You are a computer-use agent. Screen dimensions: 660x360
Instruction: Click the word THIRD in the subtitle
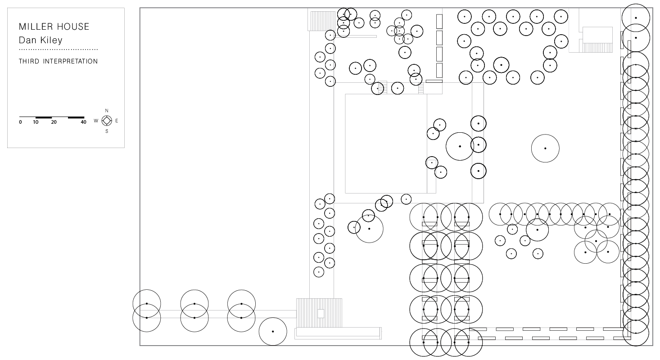tap(29, 61)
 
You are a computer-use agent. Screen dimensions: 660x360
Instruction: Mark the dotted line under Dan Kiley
tap(59, 49)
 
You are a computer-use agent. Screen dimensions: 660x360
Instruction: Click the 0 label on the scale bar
tap(20, 122)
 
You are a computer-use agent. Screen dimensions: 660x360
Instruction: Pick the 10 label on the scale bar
tap(36, 122)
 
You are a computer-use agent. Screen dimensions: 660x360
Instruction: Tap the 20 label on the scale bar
tap(54, 122)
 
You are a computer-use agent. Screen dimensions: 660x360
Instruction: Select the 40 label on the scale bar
tap(83, 122)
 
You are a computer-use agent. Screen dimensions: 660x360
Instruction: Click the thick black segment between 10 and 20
tap(44, 117)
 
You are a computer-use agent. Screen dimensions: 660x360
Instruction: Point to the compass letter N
tap(107, 111)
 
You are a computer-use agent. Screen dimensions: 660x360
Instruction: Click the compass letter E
tap(117, 121)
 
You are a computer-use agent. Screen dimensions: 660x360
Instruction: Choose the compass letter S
tap(107, 131)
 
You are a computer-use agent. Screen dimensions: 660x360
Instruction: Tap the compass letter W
tap(96, 121)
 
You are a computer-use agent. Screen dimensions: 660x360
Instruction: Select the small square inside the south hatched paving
tap(321, 314)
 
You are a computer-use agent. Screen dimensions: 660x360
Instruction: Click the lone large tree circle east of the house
tap(545, 135)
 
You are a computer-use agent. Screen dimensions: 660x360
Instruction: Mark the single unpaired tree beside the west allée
tap(273, 318)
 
